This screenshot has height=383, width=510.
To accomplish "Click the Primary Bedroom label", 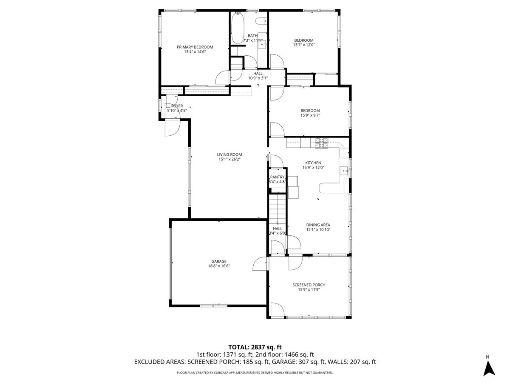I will click(x=195, y=47).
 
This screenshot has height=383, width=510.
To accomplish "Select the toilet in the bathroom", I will click(x=261, y=21).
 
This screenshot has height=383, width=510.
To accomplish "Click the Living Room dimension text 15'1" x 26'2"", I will click(x=230, y=160).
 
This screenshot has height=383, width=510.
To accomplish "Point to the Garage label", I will click(x=219, y=261).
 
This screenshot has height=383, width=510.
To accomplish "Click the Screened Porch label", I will click(x=309, y=285).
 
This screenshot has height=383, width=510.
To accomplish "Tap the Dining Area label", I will click(x=318, y=225).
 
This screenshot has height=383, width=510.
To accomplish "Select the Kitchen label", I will click(x=313, y=163).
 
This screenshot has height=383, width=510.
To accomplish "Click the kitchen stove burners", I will click(x=322, y=143).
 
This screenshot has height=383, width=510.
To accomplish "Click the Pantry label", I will click(x=277, y=177).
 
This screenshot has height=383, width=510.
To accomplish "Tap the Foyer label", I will click(x=177, y=106).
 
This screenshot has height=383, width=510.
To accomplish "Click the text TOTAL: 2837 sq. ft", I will click(x=255, y=347).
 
